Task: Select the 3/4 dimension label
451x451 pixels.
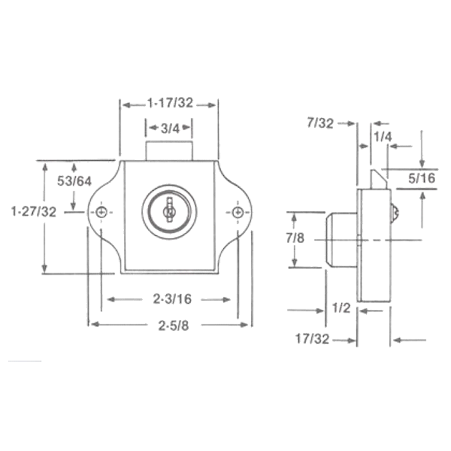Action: [x=169, y=129]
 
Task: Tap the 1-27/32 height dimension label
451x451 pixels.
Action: [x=34, y=213]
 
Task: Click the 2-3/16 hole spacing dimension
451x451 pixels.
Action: [x=169, y=299]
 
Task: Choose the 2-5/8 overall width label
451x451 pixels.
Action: [x=169, y=325]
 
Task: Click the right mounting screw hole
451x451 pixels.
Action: [x=238, y=213]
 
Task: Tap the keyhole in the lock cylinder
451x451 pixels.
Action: [x=169, y=210]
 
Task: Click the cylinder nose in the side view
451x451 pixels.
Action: [x=340, y=239]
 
